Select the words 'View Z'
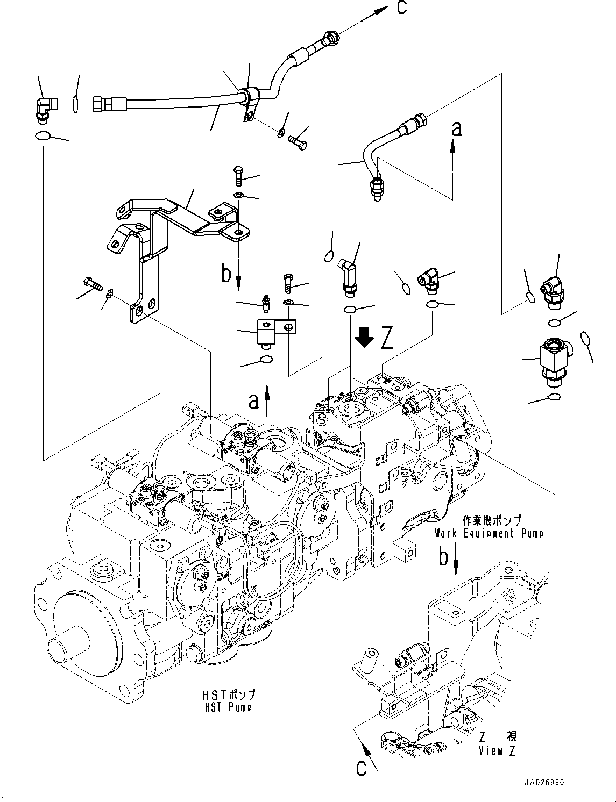tap(497, 751)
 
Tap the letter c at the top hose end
tap(400, 8)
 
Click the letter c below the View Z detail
tap(360, 768)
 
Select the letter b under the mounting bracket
tap(226, 274)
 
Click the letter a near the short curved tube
tap(456, 129)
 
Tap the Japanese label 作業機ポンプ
tap(491, 520)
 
